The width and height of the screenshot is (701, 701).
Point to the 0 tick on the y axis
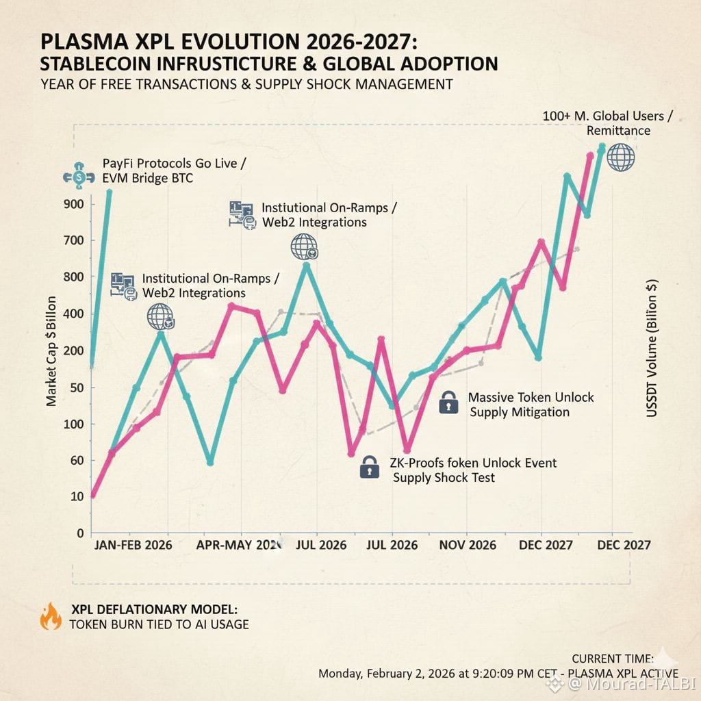[80, 533]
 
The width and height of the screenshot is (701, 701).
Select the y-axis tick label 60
[77, 460]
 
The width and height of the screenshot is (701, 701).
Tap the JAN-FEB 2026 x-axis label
[132, 546]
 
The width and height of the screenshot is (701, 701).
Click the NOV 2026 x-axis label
[468, 546]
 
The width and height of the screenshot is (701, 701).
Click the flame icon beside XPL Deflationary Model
[51, 616]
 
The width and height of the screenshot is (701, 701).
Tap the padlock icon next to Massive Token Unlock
[449, 403]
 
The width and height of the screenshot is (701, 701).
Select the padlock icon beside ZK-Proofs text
[369, 468]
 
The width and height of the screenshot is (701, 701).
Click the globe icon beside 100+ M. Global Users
[621, 157]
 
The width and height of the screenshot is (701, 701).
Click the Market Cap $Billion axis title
[52, 350]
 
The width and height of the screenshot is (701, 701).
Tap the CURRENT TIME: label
[612, 659]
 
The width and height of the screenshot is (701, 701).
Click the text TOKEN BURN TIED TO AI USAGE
[159, 624]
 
